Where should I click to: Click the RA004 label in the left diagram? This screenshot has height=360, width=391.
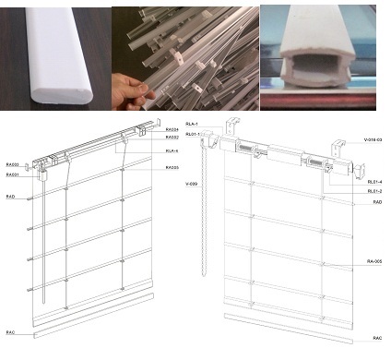click(172, 129)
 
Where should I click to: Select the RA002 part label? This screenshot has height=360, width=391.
click(172, 137)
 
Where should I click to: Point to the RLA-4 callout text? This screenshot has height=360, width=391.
click(172, 150)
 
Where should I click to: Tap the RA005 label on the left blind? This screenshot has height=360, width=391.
click(172, 167)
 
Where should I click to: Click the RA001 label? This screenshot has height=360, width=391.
click(12, 174)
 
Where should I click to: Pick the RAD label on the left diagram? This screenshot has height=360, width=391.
click(10, 197)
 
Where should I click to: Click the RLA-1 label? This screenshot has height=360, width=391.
click(193, 124)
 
